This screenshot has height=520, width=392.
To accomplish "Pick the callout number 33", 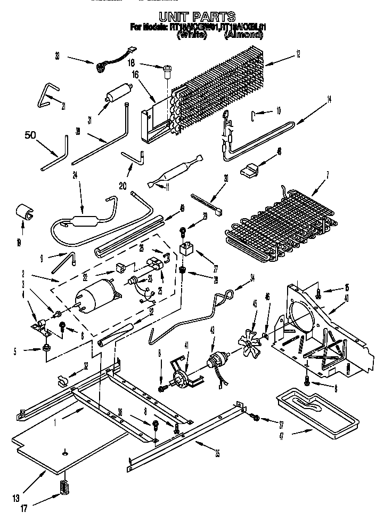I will click(57, 54).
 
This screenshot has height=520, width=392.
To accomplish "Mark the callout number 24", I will click(75, 173).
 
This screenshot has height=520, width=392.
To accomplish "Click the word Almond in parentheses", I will click(243, 35).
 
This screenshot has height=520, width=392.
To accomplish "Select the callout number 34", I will click(252, 277).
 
